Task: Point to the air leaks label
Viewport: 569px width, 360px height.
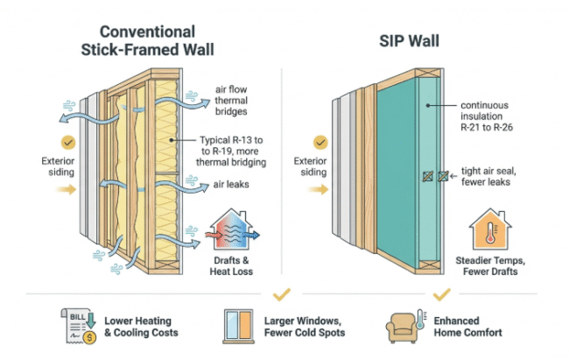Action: click(228, 185)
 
